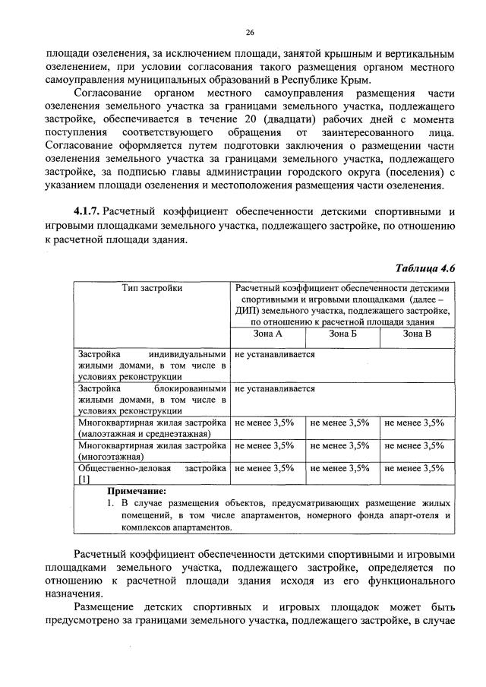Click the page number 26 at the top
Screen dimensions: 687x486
[x=250, y=32]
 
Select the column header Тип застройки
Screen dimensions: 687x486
[x=152, y=290]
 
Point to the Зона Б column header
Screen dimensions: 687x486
[x=342, y=334]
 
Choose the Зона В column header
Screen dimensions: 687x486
[x=417, y=334]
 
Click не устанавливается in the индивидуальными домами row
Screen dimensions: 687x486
[x=275, y=354]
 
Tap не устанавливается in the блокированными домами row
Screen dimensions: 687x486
[x=275, y=388]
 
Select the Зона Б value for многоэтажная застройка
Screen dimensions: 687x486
[x=340, y=445]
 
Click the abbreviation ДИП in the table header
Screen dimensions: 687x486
[x=245, y=311]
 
